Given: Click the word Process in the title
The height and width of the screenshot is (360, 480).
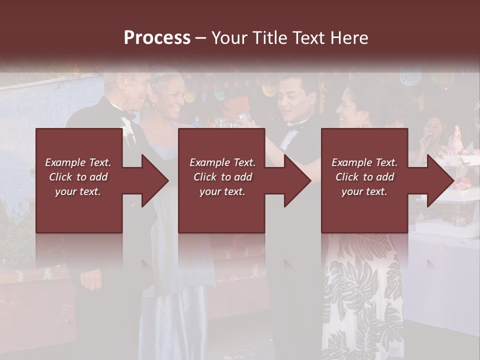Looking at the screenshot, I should [157, 38].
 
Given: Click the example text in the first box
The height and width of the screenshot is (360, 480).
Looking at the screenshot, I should [78, 177].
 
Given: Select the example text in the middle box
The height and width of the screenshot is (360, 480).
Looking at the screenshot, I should [222, 177].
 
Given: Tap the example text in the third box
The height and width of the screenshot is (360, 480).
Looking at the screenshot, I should [364, 177].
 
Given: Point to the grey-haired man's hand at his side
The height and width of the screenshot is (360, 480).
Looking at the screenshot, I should [91, 280].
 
